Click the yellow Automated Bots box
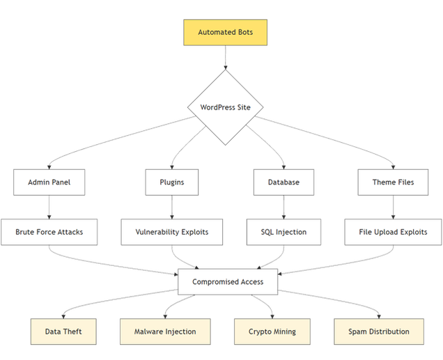(225, 33)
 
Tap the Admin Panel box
(49, 182)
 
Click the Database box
(283, 182)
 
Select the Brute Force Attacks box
(49, 232)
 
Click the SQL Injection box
(283, 232)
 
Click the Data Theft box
(63, 331)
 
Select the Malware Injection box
(165, 331)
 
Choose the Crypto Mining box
(272, 331)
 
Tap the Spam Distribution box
(378, 331)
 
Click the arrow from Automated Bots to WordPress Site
(225, 58)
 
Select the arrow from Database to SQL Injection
(283, 207)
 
